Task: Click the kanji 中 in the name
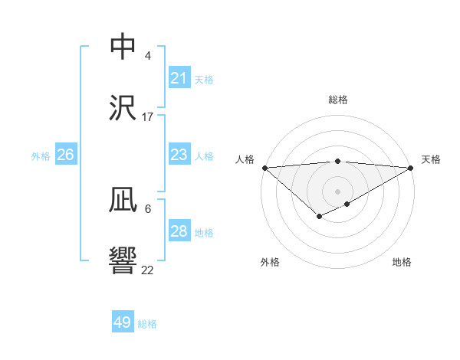coord(123,47)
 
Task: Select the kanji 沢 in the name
coord(123,108)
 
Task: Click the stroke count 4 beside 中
coord(147,56)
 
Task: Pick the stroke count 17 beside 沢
coord(147,117)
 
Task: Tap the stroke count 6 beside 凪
coord(147,208)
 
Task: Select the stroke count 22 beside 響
coord(147,270)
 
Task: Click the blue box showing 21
coord(179,78)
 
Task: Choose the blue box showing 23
coord(179,155)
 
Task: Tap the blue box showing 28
coord(179,231)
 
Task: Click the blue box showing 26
coord(65,155)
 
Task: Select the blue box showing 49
coord(123,322)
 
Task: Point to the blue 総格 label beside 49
coord(147,324)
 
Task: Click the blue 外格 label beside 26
coord(41,155)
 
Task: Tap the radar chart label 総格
coord(337,100)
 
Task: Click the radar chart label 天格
coord(431,159)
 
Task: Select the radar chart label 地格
coord(402,262)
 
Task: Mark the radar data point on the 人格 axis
coord(264,167)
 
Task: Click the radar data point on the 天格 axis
coord(411,167)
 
